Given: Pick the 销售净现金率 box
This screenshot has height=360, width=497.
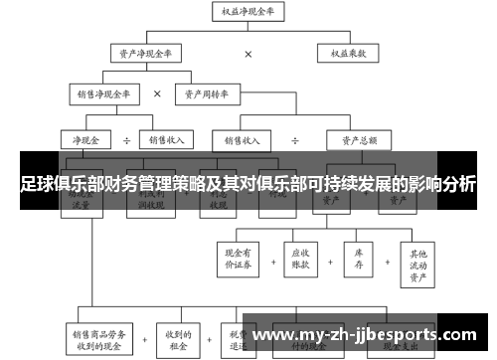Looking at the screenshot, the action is click(x=102, y=95).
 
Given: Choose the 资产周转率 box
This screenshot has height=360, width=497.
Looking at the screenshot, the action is click(x=211, y=95).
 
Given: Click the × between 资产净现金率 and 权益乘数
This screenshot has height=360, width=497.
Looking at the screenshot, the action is click(x=248, y=53).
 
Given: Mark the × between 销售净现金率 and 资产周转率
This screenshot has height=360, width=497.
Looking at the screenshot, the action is click(x=157, y=95).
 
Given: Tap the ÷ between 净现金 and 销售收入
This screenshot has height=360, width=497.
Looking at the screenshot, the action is click(x=126, y=140).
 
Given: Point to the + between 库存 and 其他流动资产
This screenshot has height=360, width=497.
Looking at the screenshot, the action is click(x=388, y=258).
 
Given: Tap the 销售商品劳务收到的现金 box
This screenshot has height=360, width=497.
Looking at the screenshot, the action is click(x=96, y=338).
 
